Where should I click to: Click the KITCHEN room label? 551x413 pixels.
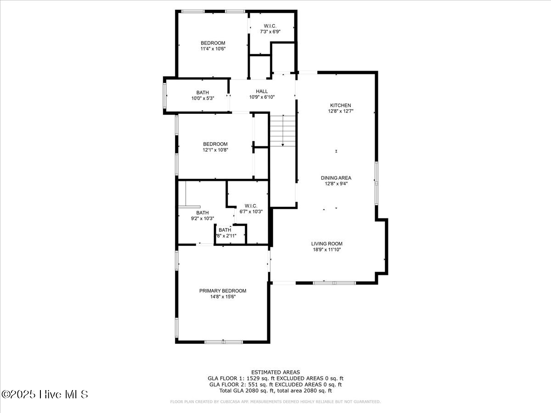(340, 106)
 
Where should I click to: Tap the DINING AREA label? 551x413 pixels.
(336, 178)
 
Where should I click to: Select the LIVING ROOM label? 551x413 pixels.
(327, 244)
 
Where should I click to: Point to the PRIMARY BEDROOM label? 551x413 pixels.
(223, 291)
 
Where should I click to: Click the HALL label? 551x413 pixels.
(262, 91)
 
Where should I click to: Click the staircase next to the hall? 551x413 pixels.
(283, 131)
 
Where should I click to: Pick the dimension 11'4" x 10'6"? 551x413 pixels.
(213, 49)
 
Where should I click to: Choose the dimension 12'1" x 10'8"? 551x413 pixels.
(215, 150)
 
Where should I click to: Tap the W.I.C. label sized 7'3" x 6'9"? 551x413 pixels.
(270, 26)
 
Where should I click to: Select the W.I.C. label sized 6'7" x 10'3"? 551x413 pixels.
(251, 206)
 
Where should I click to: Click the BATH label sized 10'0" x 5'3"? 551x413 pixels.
(202, 93)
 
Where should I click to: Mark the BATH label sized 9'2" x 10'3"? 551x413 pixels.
(202, 213)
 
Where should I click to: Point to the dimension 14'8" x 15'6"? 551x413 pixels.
(223, 297)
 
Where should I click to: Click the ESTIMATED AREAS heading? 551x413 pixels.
(275, 372)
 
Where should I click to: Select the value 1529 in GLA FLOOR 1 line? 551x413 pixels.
(247, 378)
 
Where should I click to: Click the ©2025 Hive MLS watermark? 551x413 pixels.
(45, 394)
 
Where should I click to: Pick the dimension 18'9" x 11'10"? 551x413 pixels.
(327, 250)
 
